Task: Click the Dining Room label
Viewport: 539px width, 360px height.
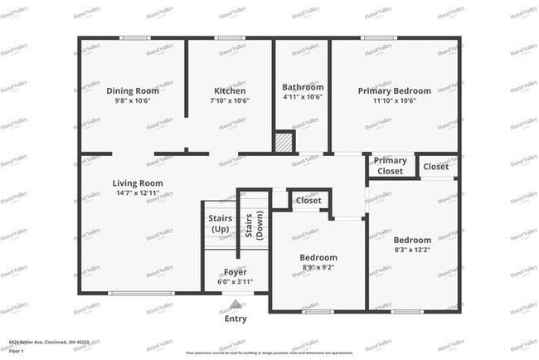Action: click(133, 90)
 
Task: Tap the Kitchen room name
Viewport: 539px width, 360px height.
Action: click(231, 90)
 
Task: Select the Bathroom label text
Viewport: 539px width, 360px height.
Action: click(302, 86)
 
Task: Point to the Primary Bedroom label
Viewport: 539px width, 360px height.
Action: click(394, 90)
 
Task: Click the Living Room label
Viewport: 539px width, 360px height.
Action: click(138, 183)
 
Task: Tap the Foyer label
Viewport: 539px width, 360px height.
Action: click(236, 272)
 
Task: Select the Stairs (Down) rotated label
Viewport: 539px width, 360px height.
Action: click(254, 226)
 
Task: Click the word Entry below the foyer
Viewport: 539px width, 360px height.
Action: click(236, 319)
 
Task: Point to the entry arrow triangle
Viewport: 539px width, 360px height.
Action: click(236, 304)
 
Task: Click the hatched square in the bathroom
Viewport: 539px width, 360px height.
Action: click(285, 143)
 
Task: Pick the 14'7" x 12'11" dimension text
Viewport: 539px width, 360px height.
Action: click(138, 192)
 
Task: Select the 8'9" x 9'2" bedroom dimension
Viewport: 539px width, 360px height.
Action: click(318, 267)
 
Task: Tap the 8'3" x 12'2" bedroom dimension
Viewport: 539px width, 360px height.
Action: click(412, 250)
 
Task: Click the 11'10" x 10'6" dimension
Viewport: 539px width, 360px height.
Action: click(394, 100)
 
